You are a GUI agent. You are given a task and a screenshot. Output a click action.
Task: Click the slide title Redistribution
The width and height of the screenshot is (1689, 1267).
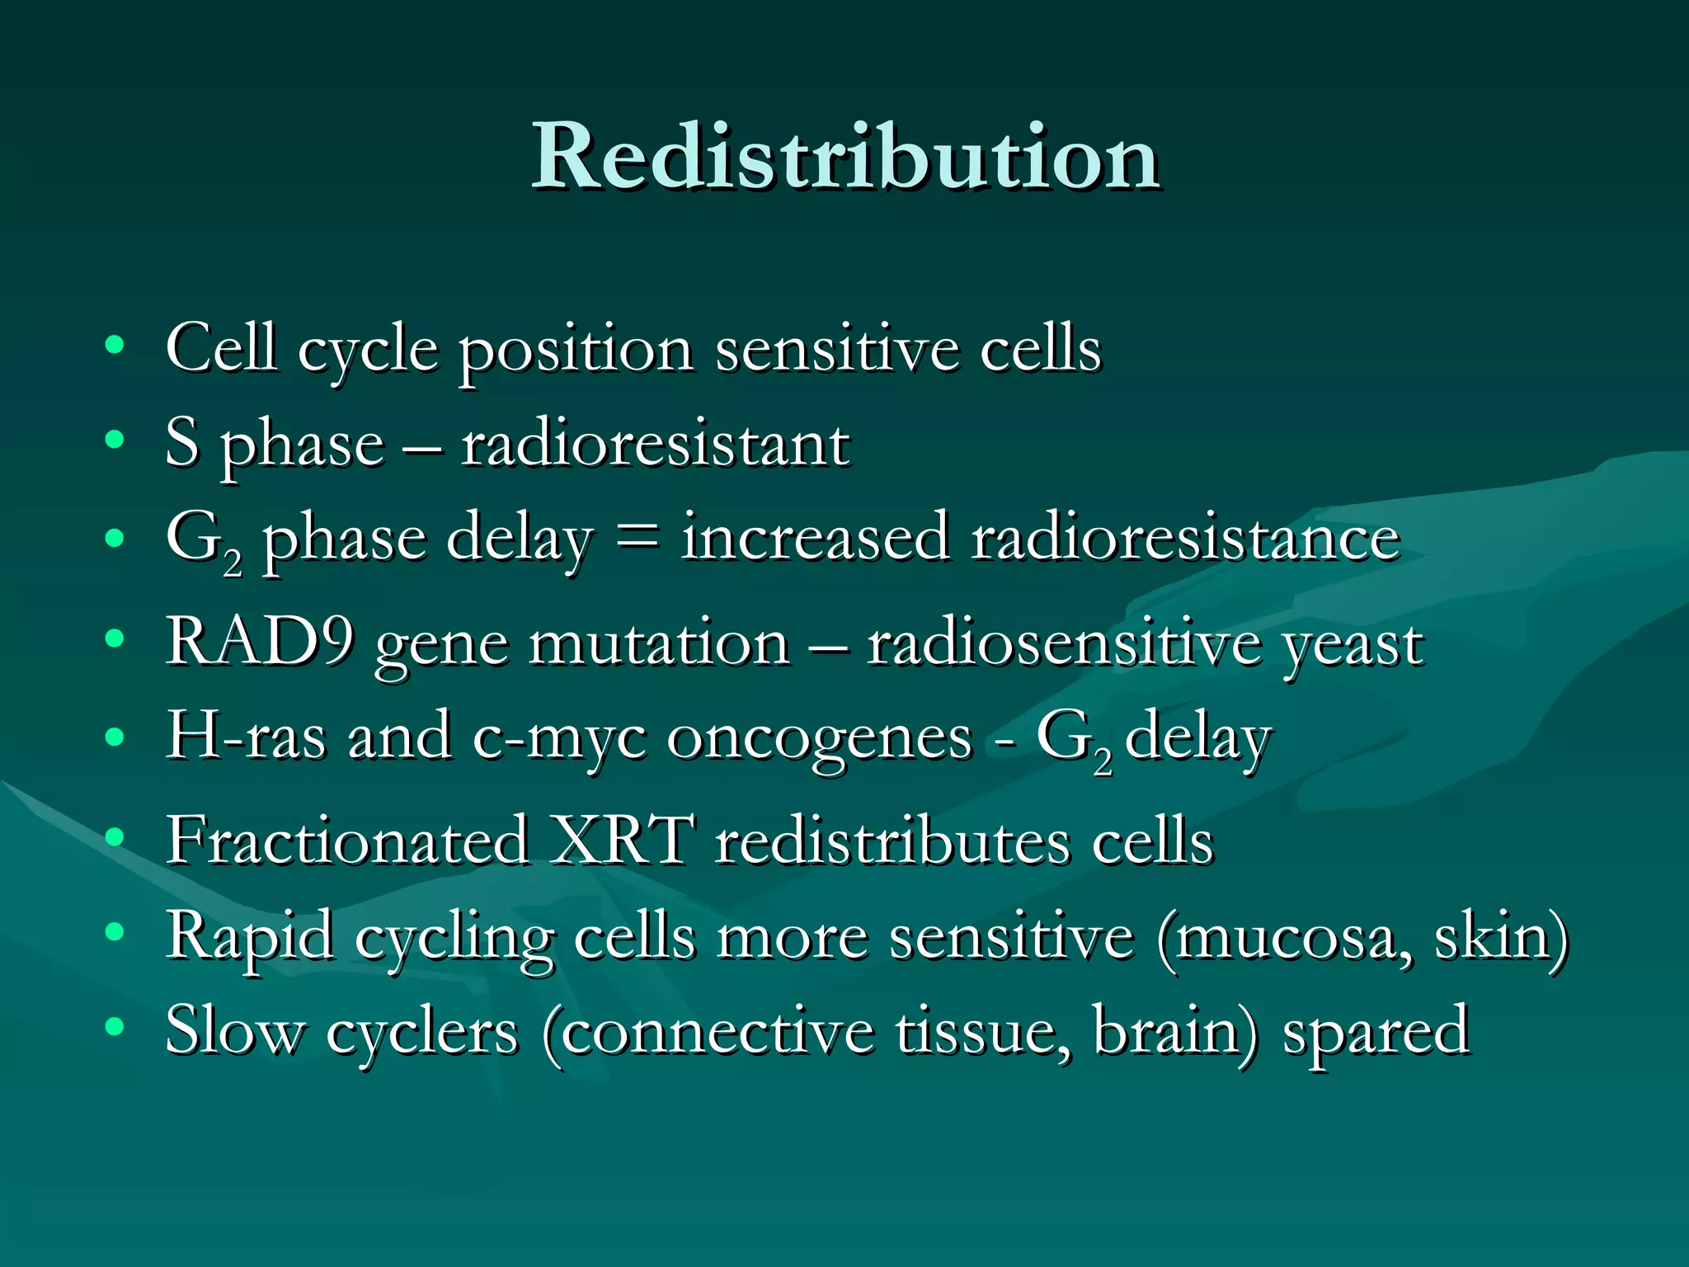845,157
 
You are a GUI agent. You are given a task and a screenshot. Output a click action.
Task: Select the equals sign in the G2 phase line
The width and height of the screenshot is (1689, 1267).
637,538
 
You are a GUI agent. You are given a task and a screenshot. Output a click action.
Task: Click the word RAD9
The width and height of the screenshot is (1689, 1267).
260,642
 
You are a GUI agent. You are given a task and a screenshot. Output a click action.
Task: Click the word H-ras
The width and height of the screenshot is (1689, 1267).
246,737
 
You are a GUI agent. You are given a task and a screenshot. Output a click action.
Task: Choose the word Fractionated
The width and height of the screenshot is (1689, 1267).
347,841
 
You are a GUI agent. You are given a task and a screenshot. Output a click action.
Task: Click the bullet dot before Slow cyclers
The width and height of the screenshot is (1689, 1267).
115,1027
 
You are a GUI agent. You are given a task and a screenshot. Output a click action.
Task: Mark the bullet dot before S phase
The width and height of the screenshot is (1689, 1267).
115,440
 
